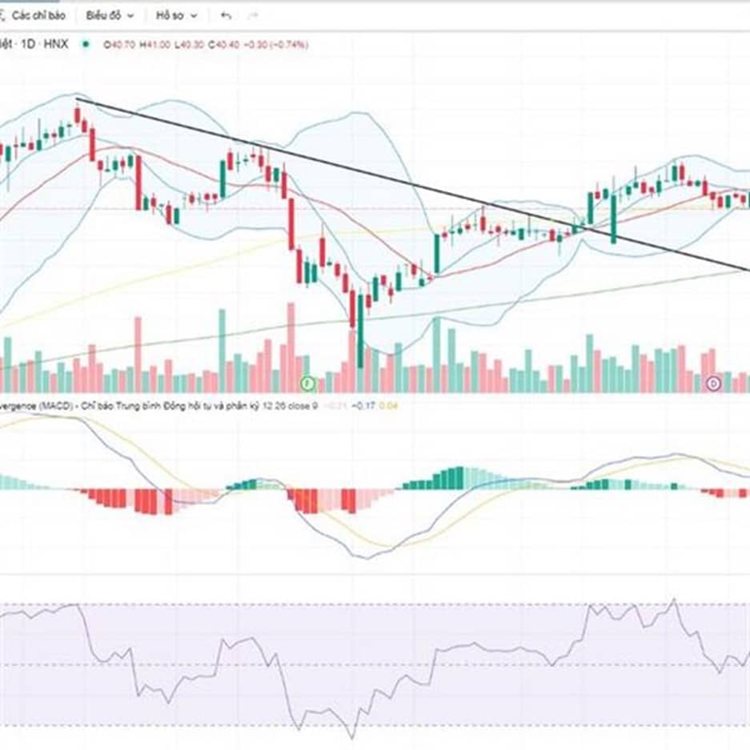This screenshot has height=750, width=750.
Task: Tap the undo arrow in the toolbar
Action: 226,15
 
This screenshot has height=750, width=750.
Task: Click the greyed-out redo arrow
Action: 253,15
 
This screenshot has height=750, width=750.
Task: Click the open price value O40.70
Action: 120,45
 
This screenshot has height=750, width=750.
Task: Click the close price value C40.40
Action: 223,45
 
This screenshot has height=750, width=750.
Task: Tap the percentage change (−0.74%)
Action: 290,45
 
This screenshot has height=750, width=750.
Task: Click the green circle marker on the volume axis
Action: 306,384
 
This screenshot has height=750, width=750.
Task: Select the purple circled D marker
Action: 714,384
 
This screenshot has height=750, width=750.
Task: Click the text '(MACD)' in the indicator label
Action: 56,406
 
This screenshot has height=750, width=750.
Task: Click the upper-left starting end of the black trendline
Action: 77,98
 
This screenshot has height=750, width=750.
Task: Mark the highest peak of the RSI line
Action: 675,599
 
